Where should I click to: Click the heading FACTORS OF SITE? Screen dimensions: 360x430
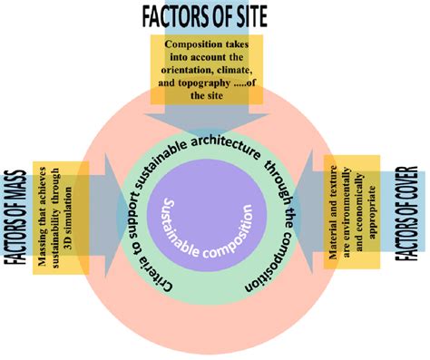(214, 15)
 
